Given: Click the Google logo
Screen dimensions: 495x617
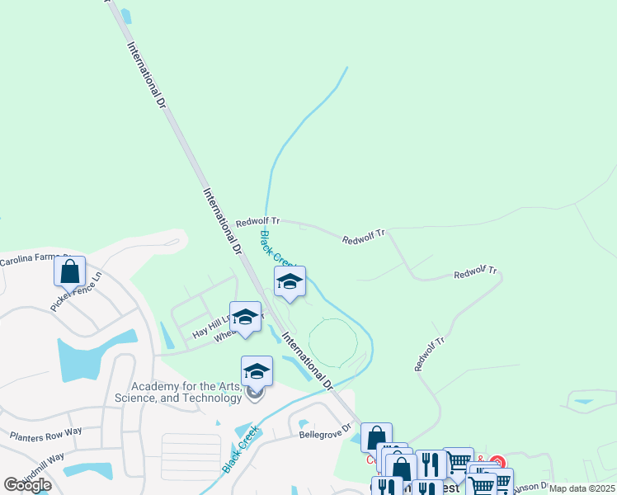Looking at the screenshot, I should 27,485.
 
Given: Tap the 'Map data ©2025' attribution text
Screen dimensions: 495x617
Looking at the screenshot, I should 582,488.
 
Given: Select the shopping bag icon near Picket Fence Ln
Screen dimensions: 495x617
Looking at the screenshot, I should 70,271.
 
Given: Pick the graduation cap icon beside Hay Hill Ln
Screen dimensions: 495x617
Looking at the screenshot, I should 245,317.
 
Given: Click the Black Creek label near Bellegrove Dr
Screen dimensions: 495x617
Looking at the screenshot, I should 241,449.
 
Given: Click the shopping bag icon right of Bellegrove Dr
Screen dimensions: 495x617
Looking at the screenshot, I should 376,436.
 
